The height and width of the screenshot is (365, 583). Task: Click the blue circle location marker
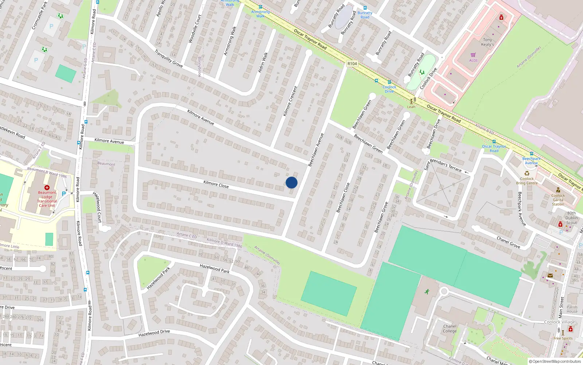(291, 182)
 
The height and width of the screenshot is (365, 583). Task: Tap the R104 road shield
(352, 64)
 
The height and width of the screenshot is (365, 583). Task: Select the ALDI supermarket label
(473, 61)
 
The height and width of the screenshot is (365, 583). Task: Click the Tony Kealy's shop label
(488, 42)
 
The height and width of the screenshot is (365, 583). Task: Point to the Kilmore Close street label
(216, 184)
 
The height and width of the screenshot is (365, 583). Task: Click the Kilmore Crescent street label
(290, 101)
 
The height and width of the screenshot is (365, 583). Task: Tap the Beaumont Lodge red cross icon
(47, 187)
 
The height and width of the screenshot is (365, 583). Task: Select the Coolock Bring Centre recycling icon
(527, 173)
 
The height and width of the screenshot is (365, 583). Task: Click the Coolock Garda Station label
(558, 200)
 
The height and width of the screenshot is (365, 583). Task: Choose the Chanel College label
(450, 328)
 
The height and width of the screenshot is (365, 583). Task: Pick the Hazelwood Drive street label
(154, 333)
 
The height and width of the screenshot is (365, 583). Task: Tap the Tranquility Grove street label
(168, 58)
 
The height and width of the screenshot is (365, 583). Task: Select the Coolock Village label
(559, 322)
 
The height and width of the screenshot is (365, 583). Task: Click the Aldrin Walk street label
(263, 62)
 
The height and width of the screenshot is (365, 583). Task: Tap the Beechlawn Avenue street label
(316, 150)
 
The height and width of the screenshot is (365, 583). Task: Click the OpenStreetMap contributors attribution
(555, 361)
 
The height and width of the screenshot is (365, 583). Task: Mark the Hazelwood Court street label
(97, 207)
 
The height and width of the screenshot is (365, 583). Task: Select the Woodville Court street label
(195, 29)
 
